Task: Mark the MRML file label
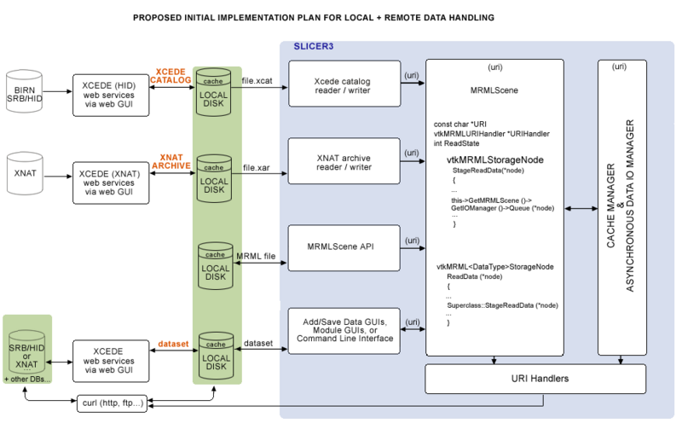pos(256,256)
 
